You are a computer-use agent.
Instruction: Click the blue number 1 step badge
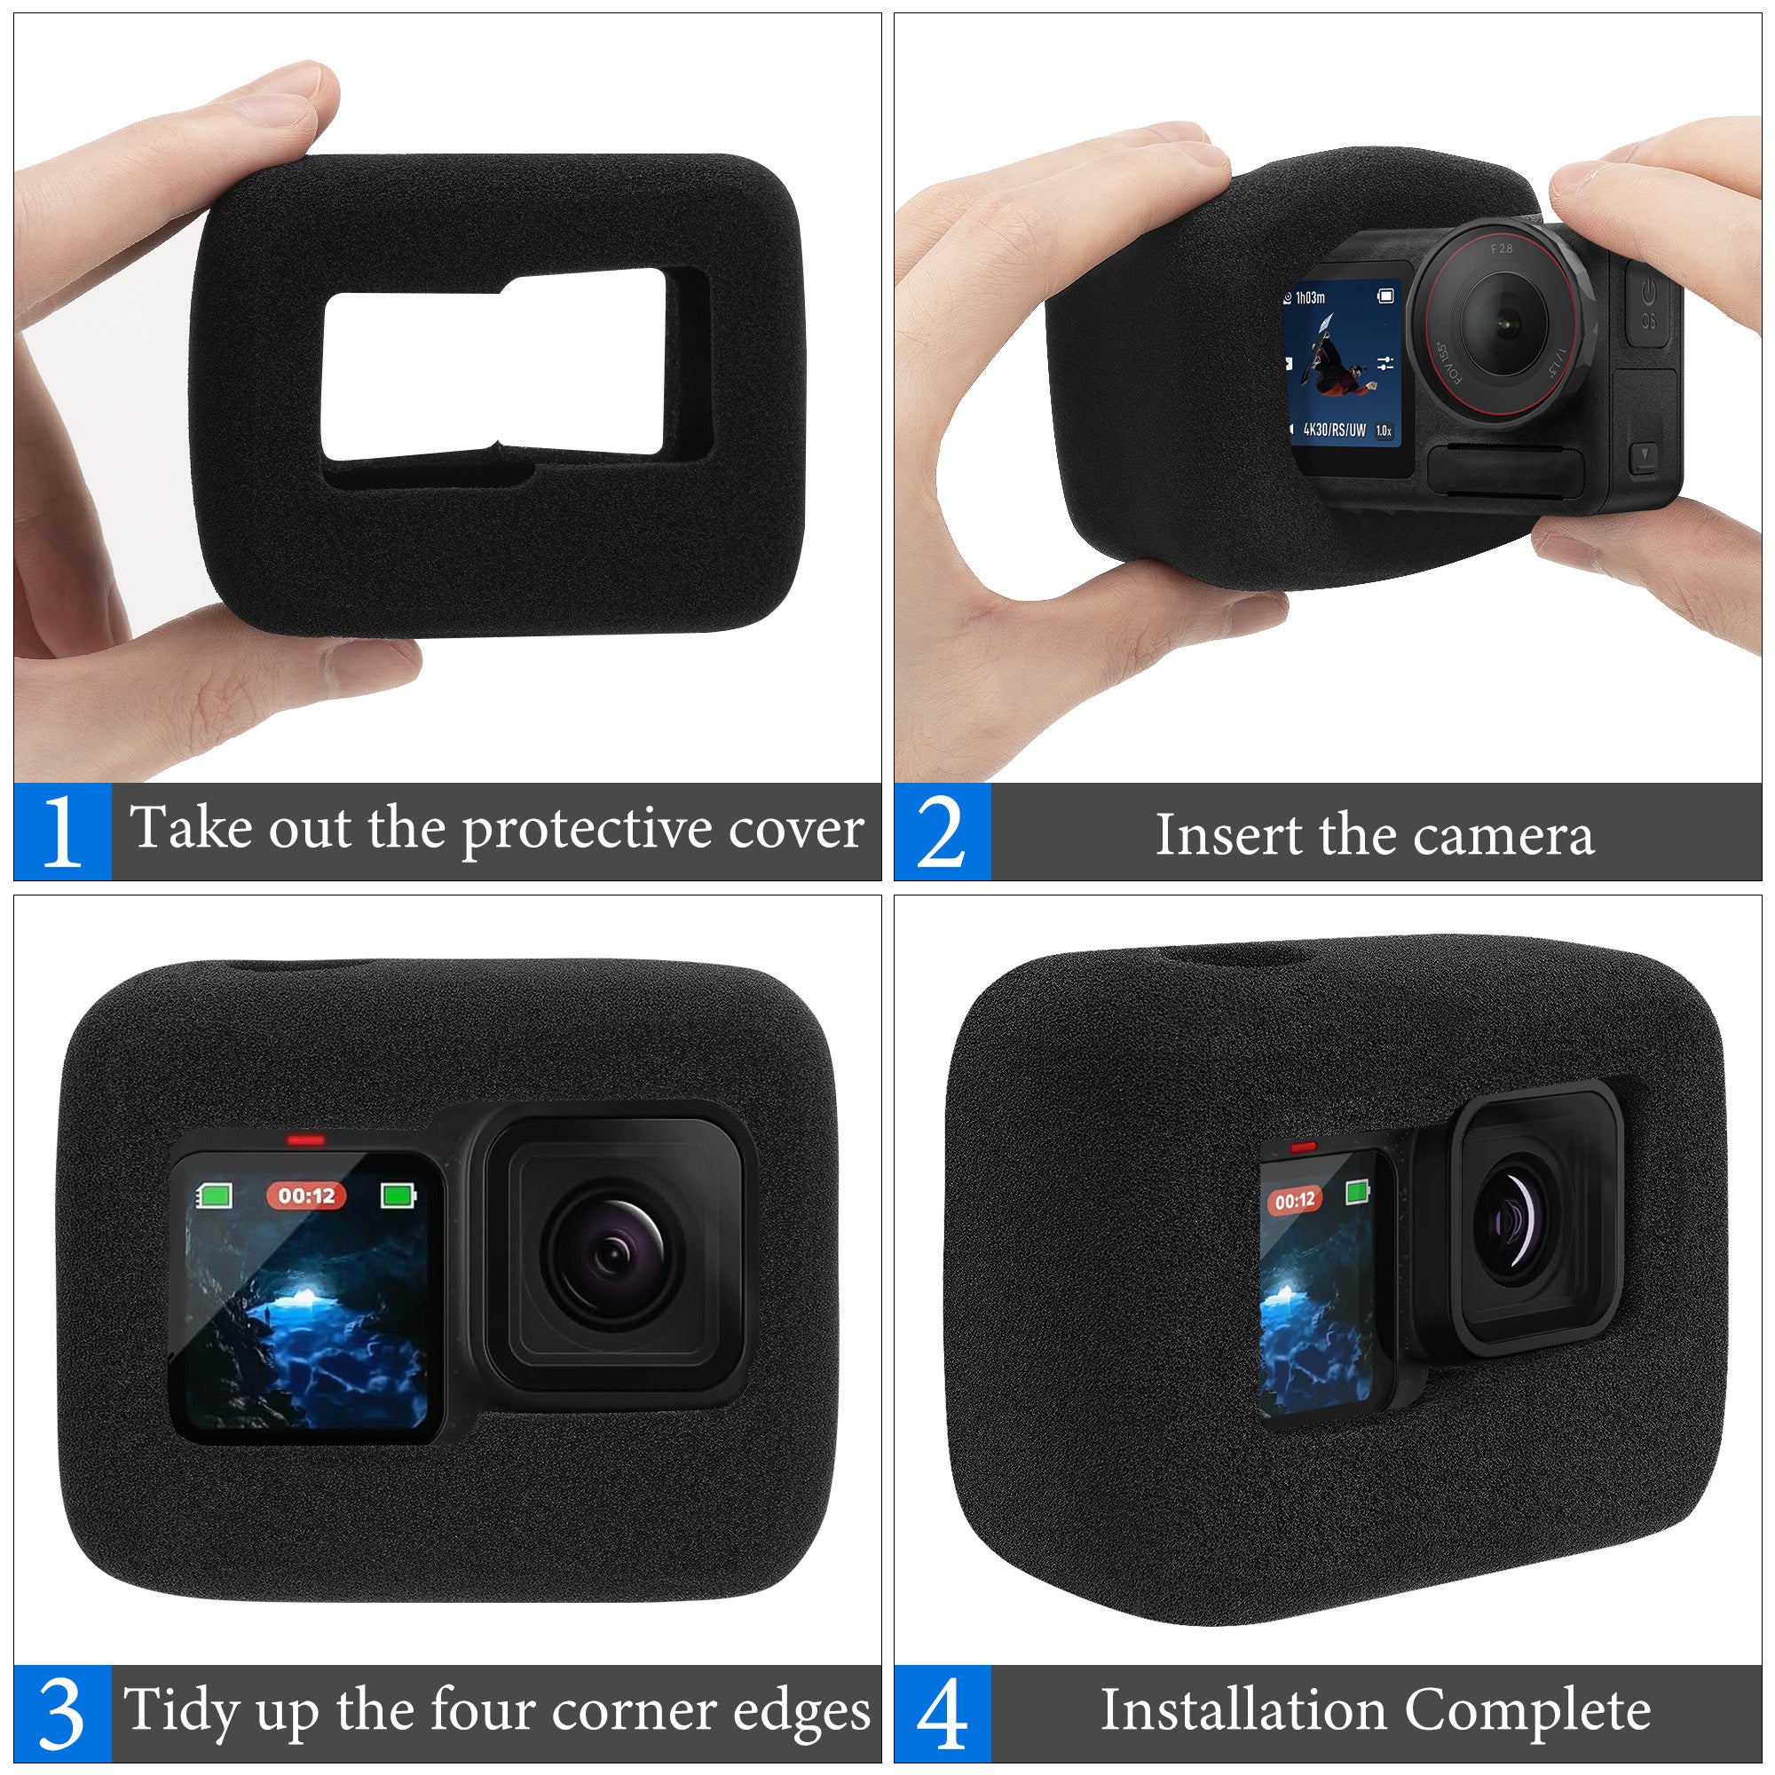[x=62, y=831]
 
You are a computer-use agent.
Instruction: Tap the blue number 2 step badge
[x=943, y=831]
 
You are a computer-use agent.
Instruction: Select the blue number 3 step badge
[x=62, y=1713]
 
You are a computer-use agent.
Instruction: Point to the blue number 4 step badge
[x=943, y=1713]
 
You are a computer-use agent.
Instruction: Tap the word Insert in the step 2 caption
[x=1229, y=835]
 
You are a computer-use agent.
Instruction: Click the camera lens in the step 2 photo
[x=1503, y=322]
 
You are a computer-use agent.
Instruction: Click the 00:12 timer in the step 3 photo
[x=306, y=1195]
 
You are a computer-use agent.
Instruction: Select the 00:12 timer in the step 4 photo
[x=1295, y=1201]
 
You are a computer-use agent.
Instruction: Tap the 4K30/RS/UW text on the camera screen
[x=1334, y=429]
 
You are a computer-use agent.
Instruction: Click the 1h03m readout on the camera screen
[x=1310, y=297]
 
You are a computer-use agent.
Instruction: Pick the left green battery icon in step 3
[x=215, y=1195]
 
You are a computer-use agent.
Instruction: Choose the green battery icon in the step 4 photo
[x=1357, y=1193]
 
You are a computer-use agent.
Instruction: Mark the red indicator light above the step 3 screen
[x=306, y=1140]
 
